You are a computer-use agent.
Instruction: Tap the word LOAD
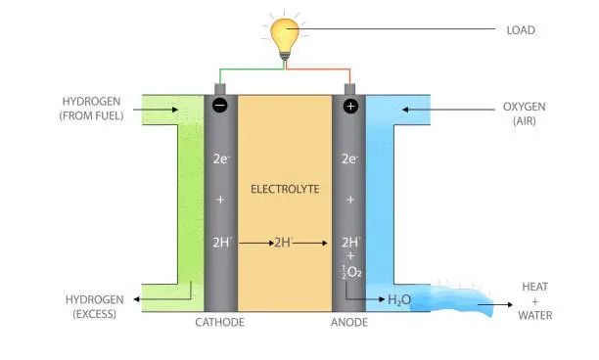coord(521,30)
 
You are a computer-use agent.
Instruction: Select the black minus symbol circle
coord(220,106)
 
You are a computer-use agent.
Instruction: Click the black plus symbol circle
coord(350,106)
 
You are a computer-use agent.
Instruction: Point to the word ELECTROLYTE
coord(285,189)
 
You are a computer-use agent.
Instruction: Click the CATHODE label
coord(219,322)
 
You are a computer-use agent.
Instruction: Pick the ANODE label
coord(349,322)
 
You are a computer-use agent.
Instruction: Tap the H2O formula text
coord(399,300)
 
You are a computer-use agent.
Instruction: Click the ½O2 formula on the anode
coord(351,272)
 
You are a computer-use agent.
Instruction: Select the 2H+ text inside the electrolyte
coord(284,242)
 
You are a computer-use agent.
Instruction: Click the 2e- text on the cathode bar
coord(221,158)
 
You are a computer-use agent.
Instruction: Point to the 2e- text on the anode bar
coord(349,158)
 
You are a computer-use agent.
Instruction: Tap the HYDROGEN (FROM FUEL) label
coord(91,109)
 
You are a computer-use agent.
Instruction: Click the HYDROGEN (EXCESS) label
coord(94,306)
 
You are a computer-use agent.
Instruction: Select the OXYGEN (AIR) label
coord(525,113)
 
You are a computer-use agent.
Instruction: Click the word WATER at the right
coord(534,315)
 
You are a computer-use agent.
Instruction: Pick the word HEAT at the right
coord(534,287)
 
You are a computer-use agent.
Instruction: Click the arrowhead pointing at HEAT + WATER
coord(510,304)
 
